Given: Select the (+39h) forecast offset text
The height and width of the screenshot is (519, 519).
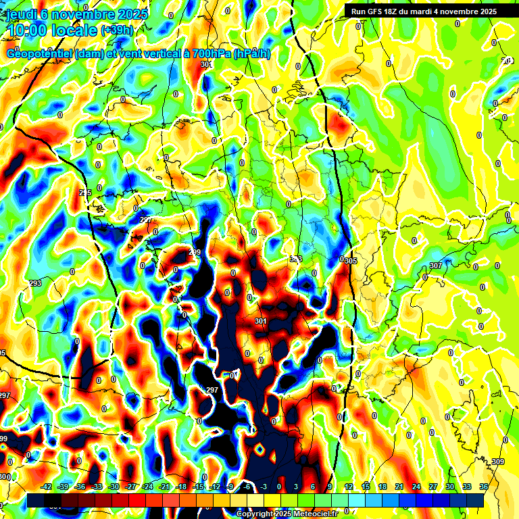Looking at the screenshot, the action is (117, 30).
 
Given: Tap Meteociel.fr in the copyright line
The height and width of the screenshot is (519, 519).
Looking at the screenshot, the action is (312, 514).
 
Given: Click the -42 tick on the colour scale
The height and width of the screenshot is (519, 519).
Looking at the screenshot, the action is (46, 487).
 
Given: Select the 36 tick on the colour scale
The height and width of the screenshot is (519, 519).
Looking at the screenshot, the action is (484, 487).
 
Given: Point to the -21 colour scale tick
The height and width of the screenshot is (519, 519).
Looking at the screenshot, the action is (164, 487).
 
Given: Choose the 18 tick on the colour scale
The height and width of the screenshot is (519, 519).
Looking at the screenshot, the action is (382, 487).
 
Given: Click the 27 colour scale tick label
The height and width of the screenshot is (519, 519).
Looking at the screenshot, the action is (433, 487).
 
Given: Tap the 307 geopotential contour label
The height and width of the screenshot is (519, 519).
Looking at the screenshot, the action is (435, 266).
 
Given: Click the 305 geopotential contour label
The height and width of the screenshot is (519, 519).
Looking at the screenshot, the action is (351, 260).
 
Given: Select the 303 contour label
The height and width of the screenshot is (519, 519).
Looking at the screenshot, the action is (295, 259).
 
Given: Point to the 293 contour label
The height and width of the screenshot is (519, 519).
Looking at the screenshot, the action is (36, 283).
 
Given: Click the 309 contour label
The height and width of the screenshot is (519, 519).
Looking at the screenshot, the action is (498, 462).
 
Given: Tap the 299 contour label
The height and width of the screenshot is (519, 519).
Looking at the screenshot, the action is (195, 252).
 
